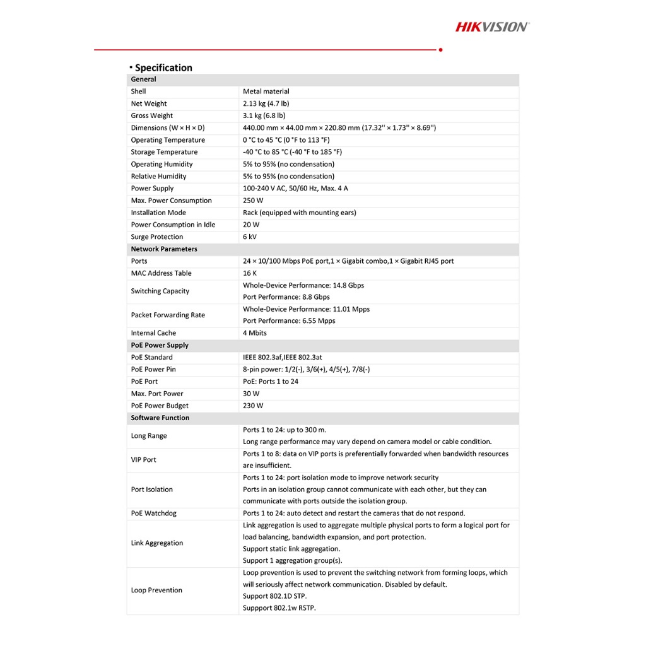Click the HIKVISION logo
pyautogui.click(x=493, y=26)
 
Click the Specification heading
pyautogui.click(x=163, y=68)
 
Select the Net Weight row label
pyautogui.click(x=149, y=103)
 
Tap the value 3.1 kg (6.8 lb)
pyautogui.click(x=264, y=115)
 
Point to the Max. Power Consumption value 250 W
pyautogui.click(x=253, y=201)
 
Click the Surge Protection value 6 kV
pyautogui.click(x=250, y=237)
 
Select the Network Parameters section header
pyautogui.click(x=164, y=249)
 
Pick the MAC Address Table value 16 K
pyautogui.click(x=250, y=273)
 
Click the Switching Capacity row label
pyautogui.click(x=160, y=291)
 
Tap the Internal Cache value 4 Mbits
pyautogui.click(x=255, y=333)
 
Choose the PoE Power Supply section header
pyautogui.click(x=160, y=345)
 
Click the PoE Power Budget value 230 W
pyautogui.click(x=253, y=406)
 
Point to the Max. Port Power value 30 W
pyautogui.click(x=251, y=394)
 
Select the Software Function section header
pyautogui.click(x=160, y=418)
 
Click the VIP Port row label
pyautogui.click(x=144, y=460)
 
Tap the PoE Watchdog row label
pyautogui.click(x=153, y=514)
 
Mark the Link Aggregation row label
pyautogui.click(x=157, y=543)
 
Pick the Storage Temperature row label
pyautogui.click(x=164, y=152)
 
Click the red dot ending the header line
pyautogui.click(x=440, y=49)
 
